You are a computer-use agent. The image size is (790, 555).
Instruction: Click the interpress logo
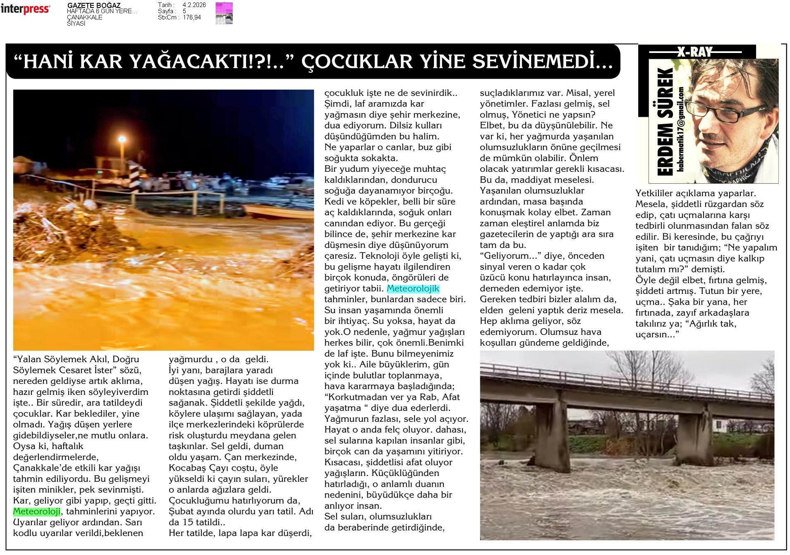pos(26,9)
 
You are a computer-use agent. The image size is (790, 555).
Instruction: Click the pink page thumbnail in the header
pos(224,13)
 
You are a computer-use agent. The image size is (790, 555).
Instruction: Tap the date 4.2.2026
pos(194,5)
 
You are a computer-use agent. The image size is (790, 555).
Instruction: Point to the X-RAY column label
pos(695,52)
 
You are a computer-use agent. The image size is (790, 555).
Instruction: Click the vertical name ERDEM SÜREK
pos(665,122)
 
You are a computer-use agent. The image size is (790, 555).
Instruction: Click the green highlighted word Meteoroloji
pos(37,511)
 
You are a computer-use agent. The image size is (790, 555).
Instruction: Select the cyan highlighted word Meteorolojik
pos(413,288)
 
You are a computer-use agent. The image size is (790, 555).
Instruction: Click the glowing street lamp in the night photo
pos(122,139)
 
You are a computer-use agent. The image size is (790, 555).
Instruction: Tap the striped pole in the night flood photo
pos(134,178)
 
